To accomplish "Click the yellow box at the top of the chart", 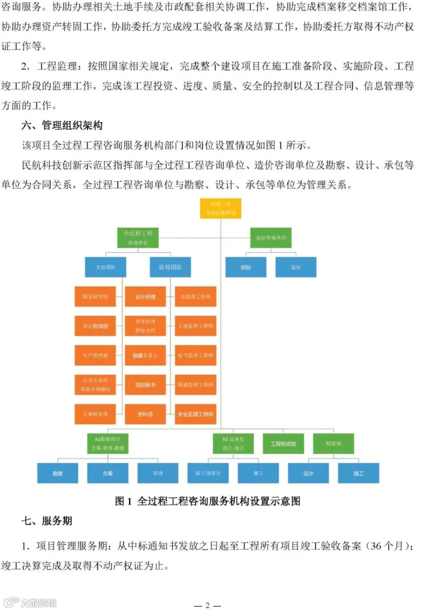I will [x=220, y=208].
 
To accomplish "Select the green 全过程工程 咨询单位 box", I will [x=138, y=238].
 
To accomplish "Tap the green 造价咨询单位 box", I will [x=270, y=238].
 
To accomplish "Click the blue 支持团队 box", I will [x=106, y=267].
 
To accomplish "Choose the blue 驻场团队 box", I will [x=166, y=267].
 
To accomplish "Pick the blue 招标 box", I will [x=246, y=267].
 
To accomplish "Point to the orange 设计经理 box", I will [x=145, y=297].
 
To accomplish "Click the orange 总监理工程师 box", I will [x=195, y=297].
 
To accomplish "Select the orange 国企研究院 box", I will [x=95, y=297].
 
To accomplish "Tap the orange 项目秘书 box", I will [x=145, y=385].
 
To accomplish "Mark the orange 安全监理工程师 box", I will [x=195, y=414].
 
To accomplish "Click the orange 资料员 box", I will [x=145, y=414].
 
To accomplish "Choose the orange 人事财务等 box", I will [x=95, y=414].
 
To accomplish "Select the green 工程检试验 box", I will [x=283, y=444].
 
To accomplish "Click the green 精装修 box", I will [x=333, y=444].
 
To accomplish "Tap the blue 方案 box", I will [x=107, y=473].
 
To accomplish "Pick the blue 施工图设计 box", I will [x=208, y=473].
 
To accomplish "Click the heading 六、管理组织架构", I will [x=62, y=126].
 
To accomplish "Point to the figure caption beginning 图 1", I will [x=207, y=501].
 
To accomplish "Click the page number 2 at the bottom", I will [x=207, y=605].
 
